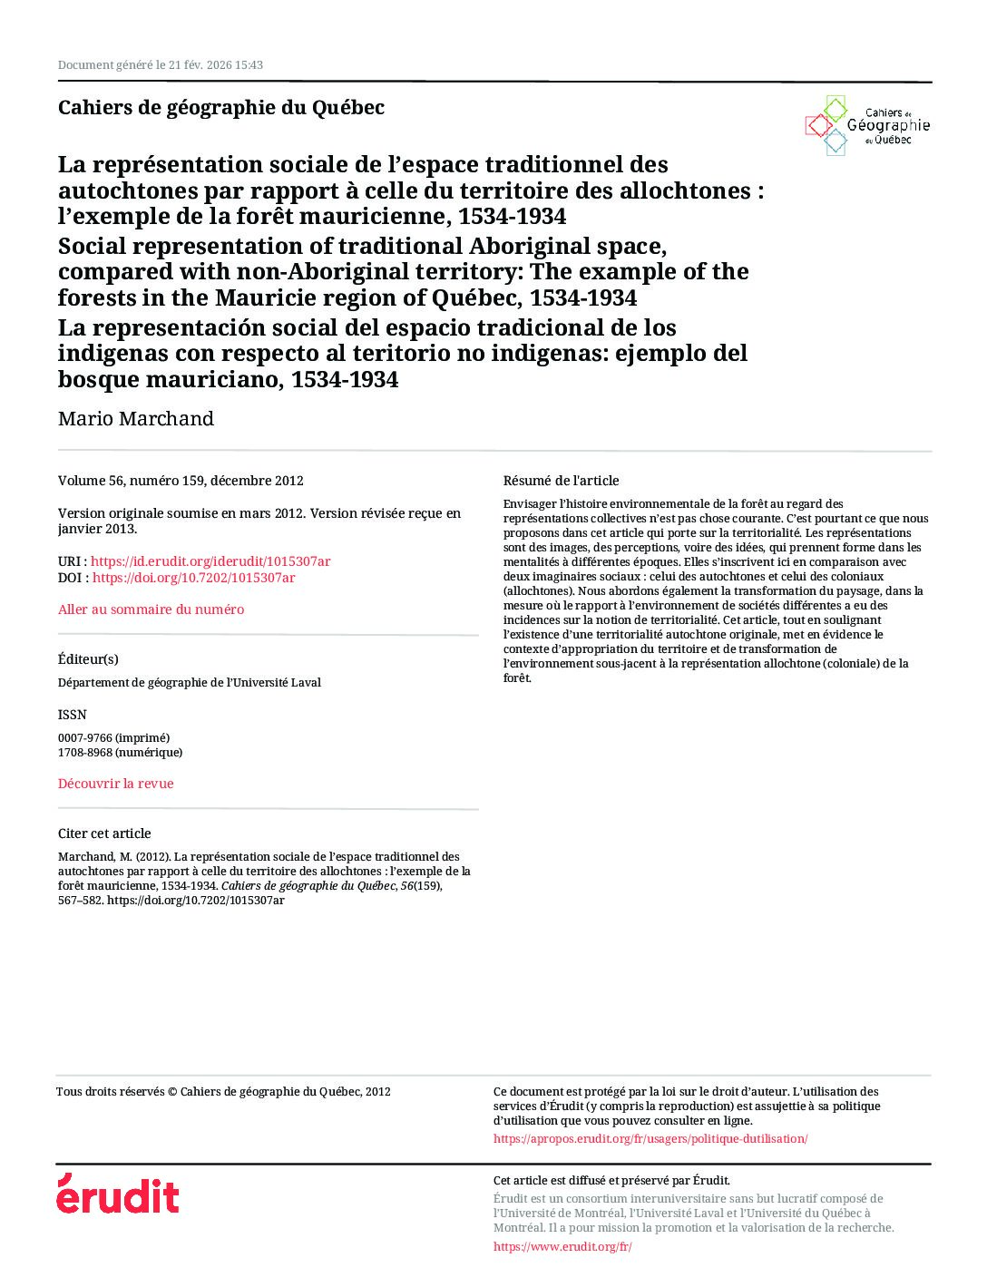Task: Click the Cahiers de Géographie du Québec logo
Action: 867,126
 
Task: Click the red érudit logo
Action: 118,1194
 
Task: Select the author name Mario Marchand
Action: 136,419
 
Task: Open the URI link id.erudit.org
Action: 210,561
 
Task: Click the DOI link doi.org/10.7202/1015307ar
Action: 193,578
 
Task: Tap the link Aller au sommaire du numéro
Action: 151,609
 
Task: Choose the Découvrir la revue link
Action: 115,784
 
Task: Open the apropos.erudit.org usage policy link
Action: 650,1138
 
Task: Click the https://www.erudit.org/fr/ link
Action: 562,1246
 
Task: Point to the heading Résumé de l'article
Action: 561,481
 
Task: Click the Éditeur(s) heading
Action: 88,659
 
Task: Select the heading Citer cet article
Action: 104,833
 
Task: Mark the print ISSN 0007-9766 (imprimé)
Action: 113,737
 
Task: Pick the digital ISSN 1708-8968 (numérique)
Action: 120,752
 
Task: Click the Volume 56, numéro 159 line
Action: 181,481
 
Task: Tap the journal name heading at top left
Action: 220,107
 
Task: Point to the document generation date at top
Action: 160,65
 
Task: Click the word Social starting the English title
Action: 91,247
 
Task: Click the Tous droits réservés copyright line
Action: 223,1092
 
